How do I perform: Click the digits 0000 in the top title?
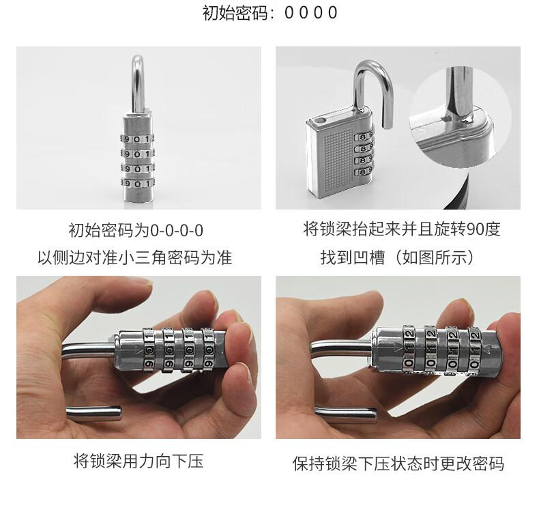[x=310, y=13]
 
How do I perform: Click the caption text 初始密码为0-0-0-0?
[x=136, y=230]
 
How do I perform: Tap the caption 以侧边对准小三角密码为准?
[x=135, y=257]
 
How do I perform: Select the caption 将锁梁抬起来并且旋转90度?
[x=401, y=229]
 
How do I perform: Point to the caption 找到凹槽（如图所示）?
[x=398, y=257]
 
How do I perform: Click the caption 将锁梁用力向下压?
[x=139, y=461]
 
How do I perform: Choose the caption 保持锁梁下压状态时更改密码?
[x=398, y=464]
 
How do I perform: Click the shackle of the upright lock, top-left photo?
[x=138, y=83]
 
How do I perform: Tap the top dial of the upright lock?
[x=137, y=139]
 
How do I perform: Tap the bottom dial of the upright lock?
[x=137, y=184]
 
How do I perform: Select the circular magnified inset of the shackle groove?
[x=461, y=116]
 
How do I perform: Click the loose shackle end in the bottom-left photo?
[x=93, y=413]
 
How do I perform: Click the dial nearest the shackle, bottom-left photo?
[x=149, y=350]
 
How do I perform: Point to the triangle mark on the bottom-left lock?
[x=138, y=351]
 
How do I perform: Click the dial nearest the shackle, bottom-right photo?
[x=409, y=348]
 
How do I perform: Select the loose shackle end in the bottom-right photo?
[x=345, y=414]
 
